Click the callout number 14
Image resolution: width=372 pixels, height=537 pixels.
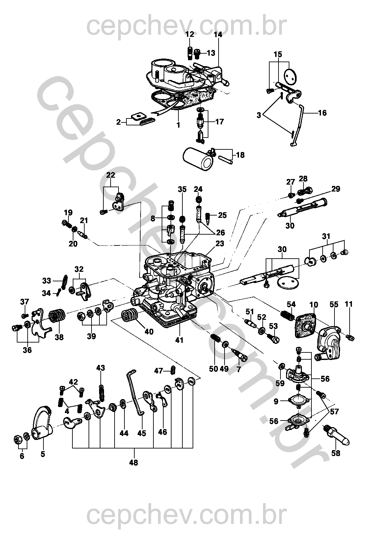point(218,35)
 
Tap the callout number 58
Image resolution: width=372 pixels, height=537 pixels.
point(335,453)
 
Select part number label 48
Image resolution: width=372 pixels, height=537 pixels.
point(133,462)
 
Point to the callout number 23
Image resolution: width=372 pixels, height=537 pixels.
point(220,243)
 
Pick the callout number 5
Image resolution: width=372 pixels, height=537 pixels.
point(43,454)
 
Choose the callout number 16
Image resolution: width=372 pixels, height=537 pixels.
point(322,113)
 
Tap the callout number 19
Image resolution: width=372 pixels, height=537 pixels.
point(68,212)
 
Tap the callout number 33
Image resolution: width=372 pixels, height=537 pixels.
point(47,281)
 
